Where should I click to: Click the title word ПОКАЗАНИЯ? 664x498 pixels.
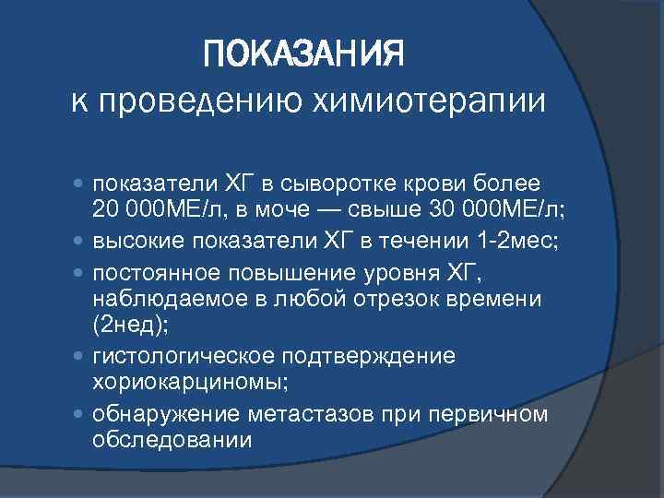coord(304,57)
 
